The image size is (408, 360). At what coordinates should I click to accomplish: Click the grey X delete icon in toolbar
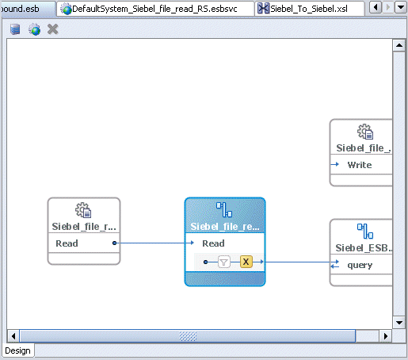(53, 29)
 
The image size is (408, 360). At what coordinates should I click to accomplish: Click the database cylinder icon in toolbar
(16, 29)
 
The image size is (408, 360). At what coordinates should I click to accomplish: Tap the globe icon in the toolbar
(34, 29)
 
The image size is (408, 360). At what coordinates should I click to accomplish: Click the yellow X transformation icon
(246, 262)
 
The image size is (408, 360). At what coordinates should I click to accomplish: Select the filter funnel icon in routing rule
(224, 262)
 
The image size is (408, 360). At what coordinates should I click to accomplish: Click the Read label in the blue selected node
(213, 243)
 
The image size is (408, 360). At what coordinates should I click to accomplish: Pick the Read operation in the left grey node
(67, 243)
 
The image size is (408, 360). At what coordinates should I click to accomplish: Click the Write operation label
(359, 165)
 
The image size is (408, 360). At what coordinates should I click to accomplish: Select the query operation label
(360, 265)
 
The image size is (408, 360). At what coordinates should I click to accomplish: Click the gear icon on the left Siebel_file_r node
(83, 210)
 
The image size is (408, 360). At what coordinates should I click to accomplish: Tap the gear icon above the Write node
(364, 132)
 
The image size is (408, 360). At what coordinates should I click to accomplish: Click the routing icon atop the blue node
(225, 210)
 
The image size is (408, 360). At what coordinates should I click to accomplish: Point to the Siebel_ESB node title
(364, 248)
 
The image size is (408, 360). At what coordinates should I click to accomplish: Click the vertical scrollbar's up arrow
(399, 46)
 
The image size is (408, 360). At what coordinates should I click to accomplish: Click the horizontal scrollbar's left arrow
(13, 335)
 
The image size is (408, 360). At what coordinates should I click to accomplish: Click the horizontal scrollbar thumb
(187, 335)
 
